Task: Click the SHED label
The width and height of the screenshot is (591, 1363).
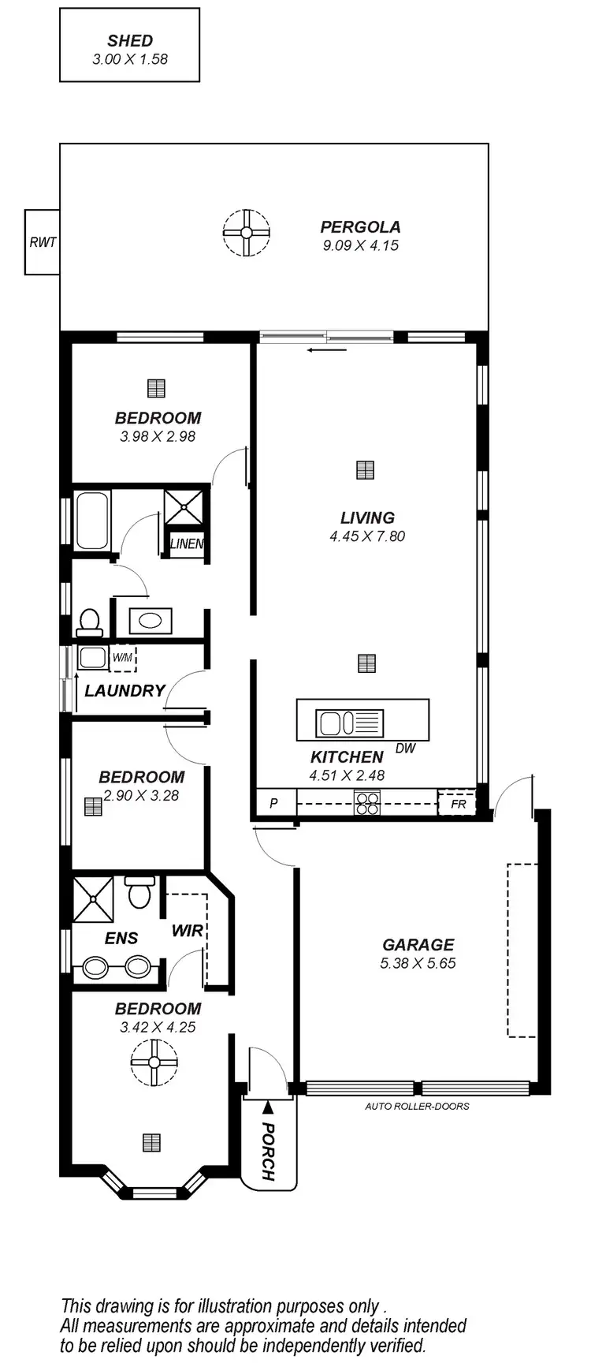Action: (x=130, y=41)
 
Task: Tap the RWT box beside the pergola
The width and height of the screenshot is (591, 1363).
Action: (x=43, y=242)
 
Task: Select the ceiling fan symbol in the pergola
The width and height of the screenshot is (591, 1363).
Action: (x=246, y=233)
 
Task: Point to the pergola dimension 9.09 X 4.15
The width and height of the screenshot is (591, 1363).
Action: (x=360, y=245)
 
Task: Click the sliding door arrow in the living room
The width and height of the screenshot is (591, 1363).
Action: (x=327, y=350)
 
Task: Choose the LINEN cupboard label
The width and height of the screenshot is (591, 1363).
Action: (x=187, y=543)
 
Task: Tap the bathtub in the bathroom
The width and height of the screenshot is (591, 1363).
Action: (x=92, y=520)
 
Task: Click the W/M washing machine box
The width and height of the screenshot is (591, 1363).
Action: (x=122, y=657)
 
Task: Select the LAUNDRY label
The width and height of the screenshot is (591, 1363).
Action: (x=125, y=691)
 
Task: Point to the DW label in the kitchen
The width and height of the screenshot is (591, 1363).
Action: (x=405, y=749)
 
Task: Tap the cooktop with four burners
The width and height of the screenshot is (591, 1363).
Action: (x=367, y=803)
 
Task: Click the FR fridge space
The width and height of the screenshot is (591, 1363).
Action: (x=458, y=804)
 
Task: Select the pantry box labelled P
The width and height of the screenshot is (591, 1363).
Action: (x=274, y=804)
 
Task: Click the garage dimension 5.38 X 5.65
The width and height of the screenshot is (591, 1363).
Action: (x=418, y=963)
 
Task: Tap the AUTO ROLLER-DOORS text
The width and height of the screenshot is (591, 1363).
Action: (x=417, y=1107)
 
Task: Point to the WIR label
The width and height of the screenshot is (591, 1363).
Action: (x=188, y=931)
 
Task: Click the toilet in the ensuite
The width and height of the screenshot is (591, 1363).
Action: (x=140, y=893)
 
